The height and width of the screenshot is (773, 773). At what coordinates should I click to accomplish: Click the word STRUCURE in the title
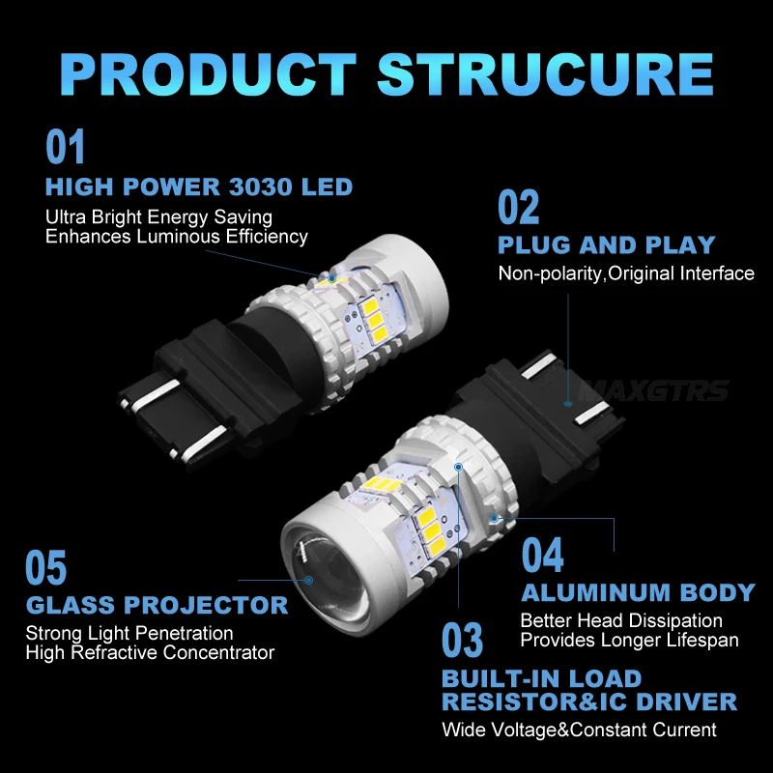click(x=546, y=74)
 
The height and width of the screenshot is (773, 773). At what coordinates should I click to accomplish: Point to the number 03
click(x=463, y=641)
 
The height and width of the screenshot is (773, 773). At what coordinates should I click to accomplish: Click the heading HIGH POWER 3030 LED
click(x=199, y=186)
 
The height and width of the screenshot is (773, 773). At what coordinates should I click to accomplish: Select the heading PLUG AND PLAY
click(x=607, y=244)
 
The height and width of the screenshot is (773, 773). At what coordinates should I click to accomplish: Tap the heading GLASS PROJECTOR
click(x=157, y=606)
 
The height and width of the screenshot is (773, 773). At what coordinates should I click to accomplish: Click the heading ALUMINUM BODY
click(x=638, y=592)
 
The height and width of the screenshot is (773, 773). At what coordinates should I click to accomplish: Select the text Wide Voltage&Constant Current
click(x=579, y=730)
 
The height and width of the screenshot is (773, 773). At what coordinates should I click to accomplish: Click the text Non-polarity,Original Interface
click(x=626, y=273)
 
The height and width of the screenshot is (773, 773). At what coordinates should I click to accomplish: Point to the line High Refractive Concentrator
click(x=150, y=652)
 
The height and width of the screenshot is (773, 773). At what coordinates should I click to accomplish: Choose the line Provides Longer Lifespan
click(x=629, y=640)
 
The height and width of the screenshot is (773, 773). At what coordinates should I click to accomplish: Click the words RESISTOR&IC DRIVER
click(x=589, y=702)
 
